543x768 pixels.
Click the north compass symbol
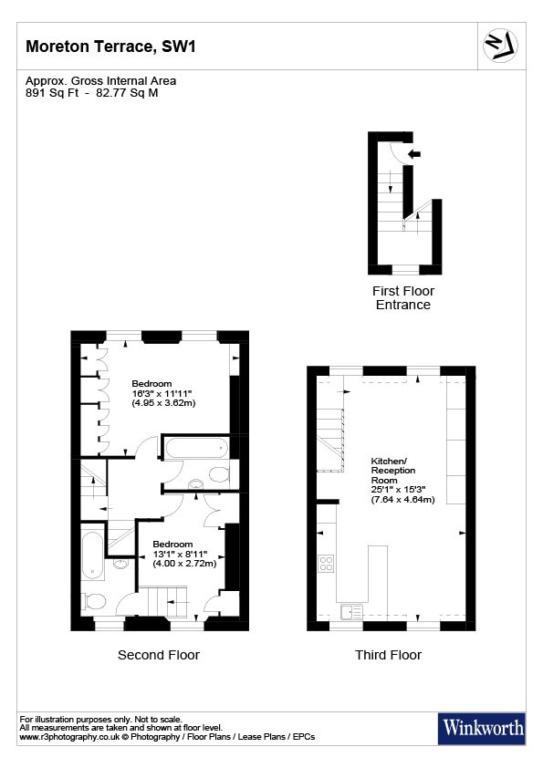click(499, 44)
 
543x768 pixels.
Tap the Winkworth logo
click(483, 727)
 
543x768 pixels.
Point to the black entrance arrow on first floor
click(414, 154)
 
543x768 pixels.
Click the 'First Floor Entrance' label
click(402, 297)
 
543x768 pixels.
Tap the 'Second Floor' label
click(158, 655)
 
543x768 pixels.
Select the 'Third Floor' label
click(388, 655)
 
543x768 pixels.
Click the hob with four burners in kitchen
click(326, 564)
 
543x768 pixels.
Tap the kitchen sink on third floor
click(350, 611)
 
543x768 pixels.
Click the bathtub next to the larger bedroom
click(195, 448)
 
